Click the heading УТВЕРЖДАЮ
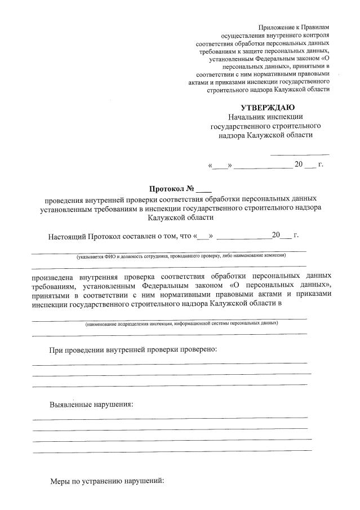point(267,107)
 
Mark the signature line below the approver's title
point(300,154)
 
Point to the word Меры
point(60,482)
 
